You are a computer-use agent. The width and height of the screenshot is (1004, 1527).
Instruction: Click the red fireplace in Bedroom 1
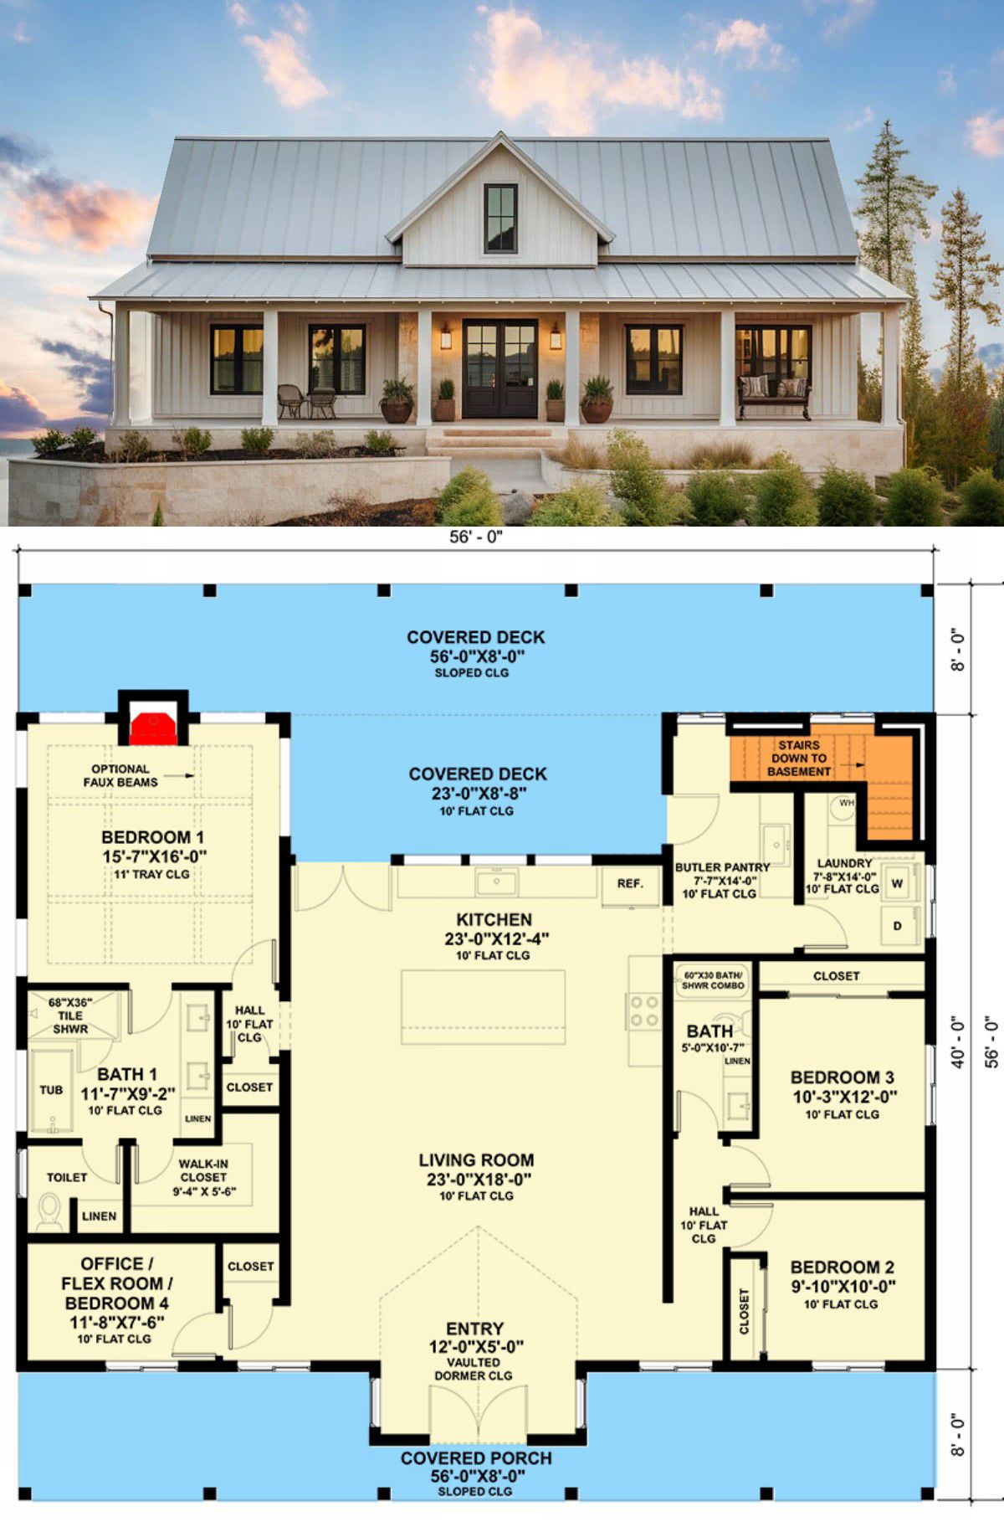pyautogui.click(x=152, y=728)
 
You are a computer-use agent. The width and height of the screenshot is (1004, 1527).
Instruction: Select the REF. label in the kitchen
pyautogui.click(x=630, y=883)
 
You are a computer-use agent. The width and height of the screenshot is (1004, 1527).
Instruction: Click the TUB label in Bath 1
pyautogui.click(x=51, y=1090)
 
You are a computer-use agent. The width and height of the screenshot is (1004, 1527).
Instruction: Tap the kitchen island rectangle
pyautogui.click(x=483, y=1007)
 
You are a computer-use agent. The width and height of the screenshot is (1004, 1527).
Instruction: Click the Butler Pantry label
pyautogui.click(x=722, y=867)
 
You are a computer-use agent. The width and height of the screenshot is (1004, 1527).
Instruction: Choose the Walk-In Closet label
pyautogui.click(x=203, y=1170)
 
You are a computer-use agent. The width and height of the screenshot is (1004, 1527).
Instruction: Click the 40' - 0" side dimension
pyautogui.click(x=958, y=1042)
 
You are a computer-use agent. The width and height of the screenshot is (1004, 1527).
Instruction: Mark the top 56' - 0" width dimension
pyautogui.click(x=476, y=537)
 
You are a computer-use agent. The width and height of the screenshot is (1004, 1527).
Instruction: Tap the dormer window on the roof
pyautogui.click(x=500, y=218)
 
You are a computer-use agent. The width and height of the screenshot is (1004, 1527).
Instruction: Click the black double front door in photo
pyautogui.click(x=500, y=368)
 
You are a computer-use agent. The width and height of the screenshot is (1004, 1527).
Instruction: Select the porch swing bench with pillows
pyautogui.click(x=774, y=394)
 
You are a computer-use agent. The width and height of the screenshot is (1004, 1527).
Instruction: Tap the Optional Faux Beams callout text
pyautogui.click(x=120, y=775)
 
